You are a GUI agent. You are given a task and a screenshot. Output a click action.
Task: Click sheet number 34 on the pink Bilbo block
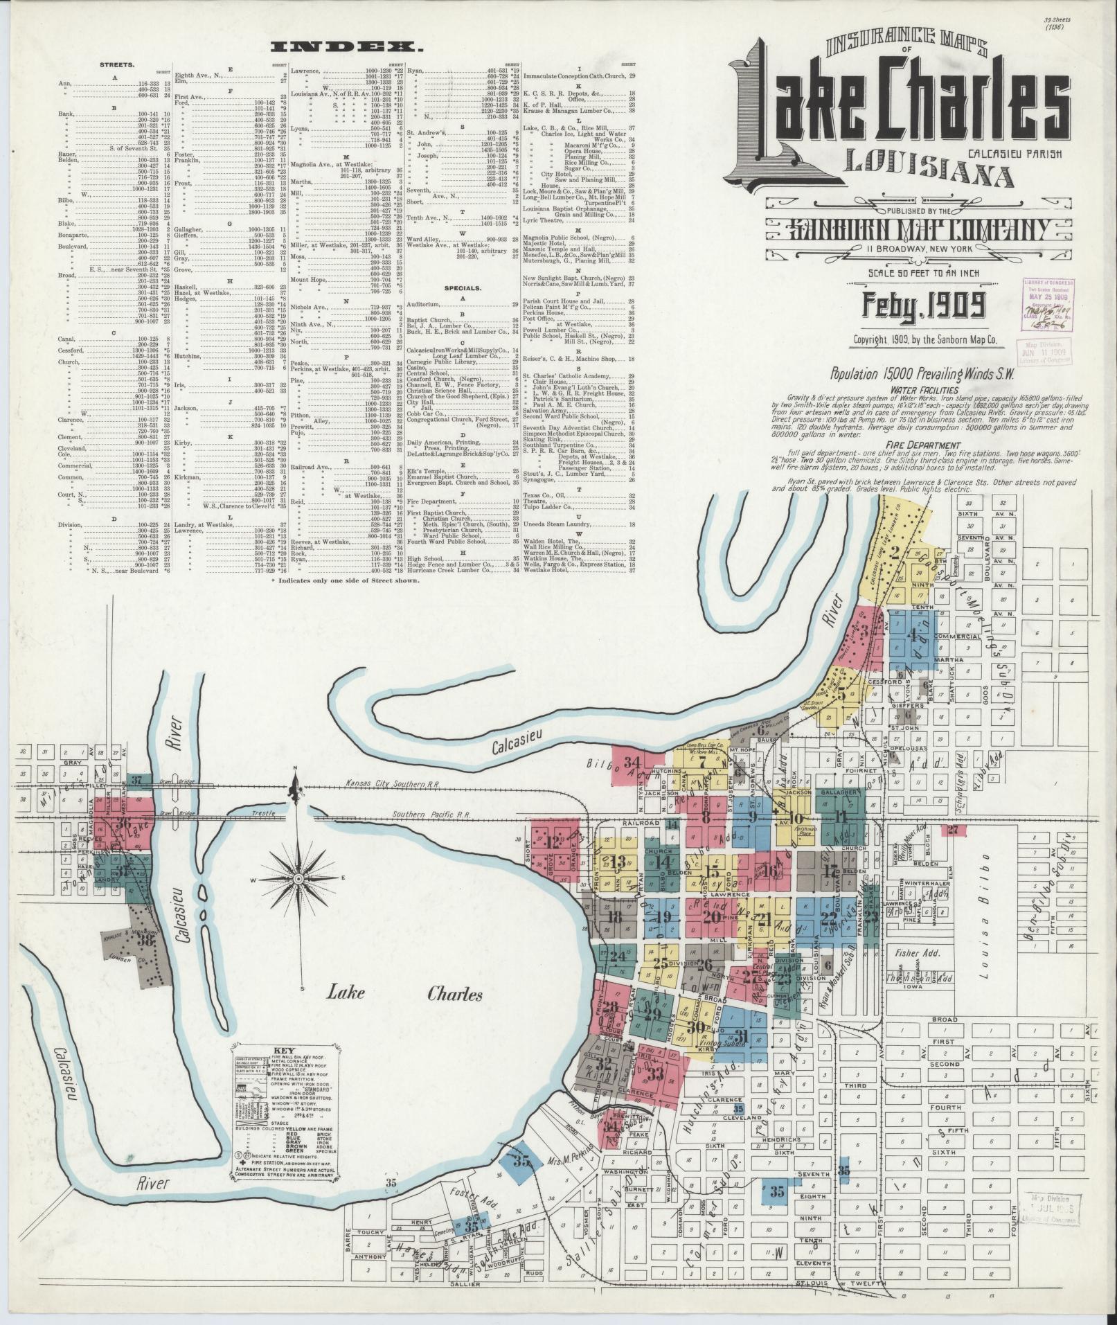pyautogui.click(x=631, y=763)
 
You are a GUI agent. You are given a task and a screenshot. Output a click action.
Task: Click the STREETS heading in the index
pyautogui.click(x=117, y=64)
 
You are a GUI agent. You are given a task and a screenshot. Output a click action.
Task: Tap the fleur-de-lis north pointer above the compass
pyautogui.click(x=296, y=789)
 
